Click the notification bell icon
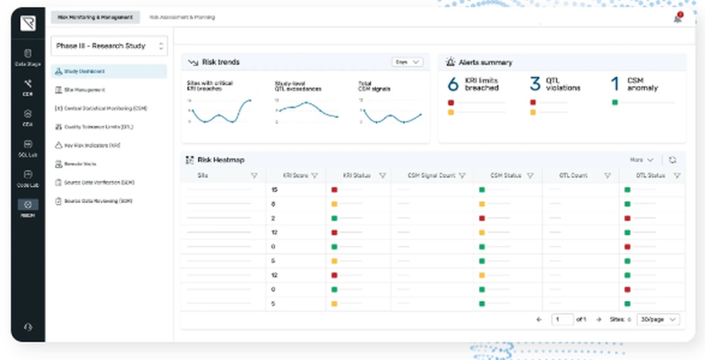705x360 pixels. click(678, 18)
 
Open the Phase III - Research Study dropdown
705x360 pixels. click(109, 46)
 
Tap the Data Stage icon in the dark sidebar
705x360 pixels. click(27, 57)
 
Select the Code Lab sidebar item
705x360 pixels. click(27, 178)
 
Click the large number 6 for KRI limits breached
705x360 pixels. click(453, 85)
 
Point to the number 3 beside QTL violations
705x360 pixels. click(535, 85)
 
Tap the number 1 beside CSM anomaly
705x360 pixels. click(615, 85)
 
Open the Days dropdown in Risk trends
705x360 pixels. click(407, 62)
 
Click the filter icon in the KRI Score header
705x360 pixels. click(314, 175)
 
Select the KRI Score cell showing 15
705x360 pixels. click(274, 190)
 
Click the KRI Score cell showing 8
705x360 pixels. click(274, 204)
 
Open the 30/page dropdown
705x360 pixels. click(658, 319)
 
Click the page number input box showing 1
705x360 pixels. click(562, 319)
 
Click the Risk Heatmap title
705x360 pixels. click(221, 161)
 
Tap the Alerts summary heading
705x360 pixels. click(485, 63)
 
